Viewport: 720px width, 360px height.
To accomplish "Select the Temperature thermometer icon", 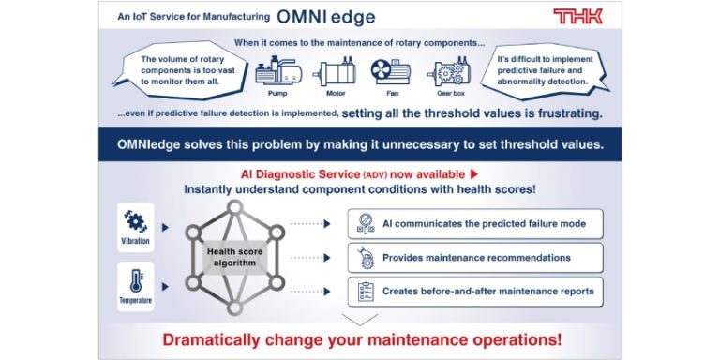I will tap(136, 281).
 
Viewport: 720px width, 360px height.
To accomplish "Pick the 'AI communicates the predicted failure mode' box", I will tap(474, 223).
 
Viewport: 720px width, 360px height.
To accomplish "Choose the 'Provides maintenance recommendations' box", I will tap(474, 257).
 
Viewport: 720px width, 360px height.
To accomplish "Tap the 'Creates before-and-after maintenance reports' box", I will tap(474, 291).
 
